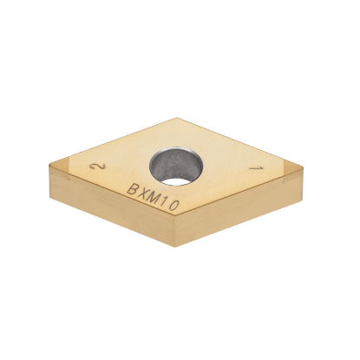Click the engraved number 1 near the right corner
(254, 167)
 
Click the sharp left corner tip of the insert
(50, 170)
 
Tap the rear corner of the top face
(177, 118)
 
